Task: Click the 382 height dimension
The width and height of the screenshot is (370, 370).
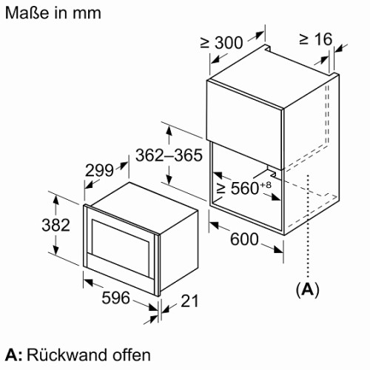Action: pyautogui.click(x=55, y=225)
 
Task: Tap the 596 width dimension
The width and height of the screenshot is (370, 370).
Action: pyautogui.click(x=115, y=297)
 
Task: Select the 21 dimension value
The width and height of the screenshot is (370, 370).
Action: pyautogui.click(x=189, y=300)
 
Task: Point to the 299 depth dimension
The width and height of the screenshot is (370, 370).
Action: pyautogui.click(x=99, y=170)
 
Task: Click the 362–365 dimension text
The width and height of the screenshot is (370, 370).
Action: pyautogui.click(x=169, y=155)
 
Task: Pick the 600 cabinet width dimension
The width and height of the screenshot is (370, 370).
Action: pyautogui.click(x=244, y=239)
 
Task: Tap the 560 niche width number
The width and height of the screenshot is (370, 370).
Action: pyautogui.click(x=245, y=189)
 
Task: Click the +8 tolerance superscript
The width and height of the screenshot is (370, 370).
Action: pyautogui.click(x=265, y=184)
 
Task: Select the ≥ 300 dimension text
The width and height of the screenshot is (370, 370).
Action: pyautogui.click(x=221, y=42)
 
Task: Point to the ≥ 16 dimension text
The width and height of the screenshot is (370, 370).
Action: pyautogui.click(x=316, y=39)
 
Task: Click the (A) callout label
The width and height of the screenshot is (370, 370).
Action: pyautogui.click(x=307, y=290)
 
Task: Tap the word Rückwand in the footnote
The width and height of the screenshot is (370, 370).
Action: pyautogui.click(x=67, y=355)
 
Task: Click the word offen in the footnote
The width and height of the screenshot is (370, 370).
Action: pyautogui.click(x=132, y=355)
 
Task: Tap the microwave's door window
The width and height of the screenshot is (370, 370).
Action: pyautogui.click(x=121, y=247)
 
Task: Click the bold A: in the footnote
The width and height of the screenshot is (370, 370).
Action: pyautogui.click(x=14, y=355)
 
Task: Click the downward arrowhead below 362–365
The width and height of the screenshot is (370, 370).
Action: pyautogui.click(x=169, y=179)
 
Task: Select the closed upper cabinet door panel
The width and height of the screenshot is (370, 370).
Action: pyautogui.click(x=244, y=124)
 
